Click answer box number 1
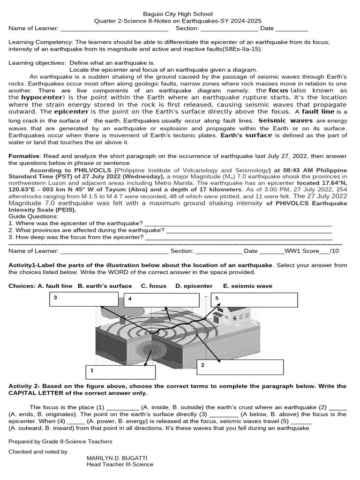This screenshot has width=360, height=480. [120, 372]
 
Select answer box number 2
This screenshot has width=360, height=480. [240, 367]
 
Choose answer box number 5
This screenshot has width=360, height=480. [254, 299]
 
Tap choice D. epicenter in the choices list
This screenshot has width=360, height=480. [194, 286]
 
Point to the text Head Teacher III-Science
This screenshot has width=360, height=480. [120, 465]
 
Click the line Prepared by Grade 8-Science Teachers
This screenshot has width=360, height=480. [60, 442]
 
